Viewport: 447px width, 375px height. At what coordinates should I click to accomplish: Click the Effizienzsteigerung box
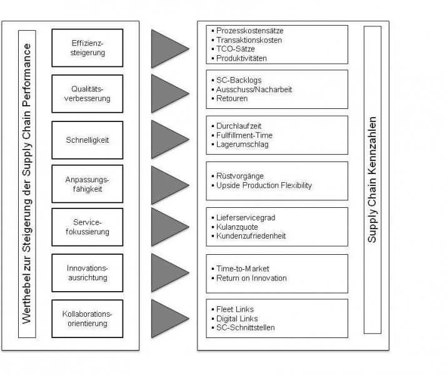coord(88,48)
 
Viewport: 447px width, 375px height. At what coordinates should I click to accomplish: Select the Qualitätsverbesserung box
coord(88,94)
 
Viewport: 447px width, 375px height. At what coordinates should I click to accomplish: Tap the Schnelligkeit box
coord(88,140)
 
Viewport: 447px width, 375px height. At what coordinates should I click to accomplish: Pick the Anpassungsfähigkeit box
coord(88,185)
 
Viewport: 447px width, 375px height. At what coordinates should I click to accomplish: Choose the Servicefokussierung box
coord(88,227)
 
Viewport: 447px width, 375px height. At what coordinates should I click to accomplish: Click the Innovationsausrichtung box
coord(88,273)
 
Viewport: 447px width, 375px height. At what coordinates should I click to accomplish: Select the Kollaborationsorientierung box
coord(88,319)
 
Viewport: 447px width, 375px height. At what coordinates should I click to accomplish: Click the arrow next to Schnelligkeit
coord(168,139)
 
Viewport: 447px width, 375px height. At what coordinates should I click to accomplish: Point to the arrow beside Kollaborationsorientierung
coord(168,318)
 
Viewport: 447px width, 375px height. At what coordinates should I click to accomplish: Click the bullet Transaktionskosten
coord(249,40)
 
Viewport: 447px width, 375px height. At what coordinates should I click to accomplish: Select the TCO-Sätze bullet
coord(236,49)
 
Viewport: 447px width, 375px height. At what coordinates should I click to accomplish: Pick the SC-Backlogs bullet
coord(239,80)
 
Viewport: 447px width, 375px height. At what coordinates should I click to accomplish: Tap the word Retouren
coord(232,99)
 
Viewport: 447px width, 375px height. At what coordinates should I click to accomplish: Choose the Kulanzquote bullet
coord(238,227)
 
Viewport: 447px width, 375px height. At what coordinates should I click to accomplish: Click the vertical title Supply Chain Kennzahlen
coord(373,180)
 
